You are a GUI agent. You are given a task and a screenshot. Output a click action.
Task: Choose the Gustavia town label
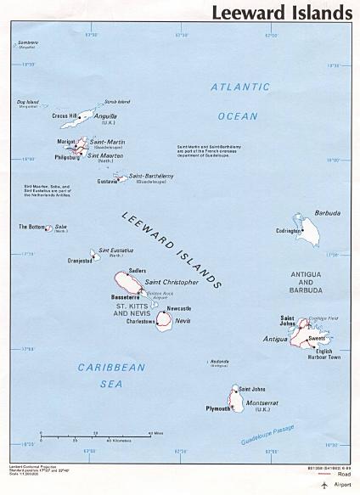click(x=107, y=181)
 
